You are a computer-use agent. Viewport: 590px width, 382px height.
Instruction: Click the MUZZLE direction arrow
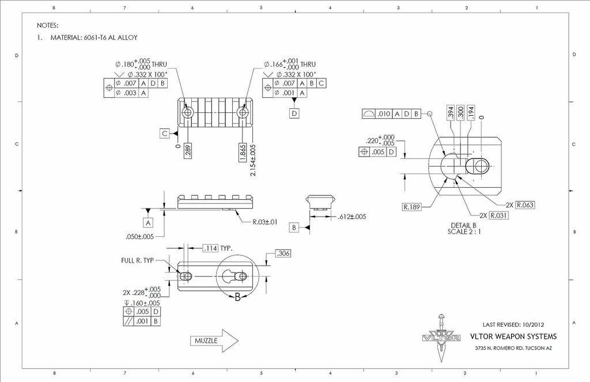point(214,341)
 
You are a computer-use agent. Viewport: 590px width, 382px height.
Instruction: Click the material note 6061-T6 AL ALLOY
point(87,37)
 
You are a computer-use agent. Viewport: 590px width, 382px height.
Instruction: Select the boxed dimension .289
point(188,152)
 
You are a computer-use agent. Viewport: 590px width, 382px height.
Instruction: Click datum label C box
point(165,134)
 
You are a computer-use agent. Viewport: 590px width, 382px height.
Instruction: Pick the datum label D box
point(294,114)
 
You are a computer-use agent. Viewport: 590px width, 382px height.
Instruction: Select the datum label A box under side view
point(148,222)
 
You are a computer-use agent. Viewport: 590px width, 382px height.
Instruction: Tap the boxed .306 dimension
point(283,254)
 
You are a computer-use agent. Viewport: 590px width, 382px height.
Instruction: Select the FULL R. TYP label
point(137,260)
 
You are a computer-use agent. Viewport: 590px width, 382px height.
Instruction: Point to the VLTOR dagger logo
point(442,337)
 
